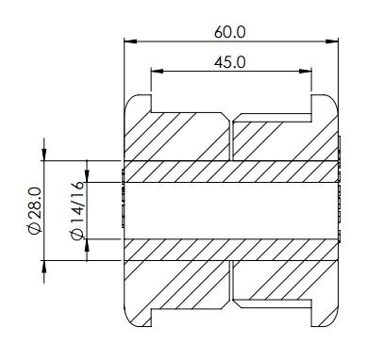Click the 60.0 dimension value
pos(229,32)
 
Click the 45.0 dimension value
pos(229,62)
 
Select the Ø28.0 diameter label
pos(35,211)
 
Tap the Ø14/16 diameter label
pos(77,211)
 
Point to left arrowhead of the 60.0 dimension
pos(130,41)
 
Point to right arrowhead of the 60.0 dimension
pos(332,41)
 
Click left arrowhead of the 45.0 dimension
pos(158,72)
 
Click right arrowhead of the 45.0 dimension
pos(305,72)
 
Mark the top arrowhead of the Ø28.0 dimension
pos(44,155)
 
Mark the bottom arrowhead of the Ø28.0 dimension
pos(44,267)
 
